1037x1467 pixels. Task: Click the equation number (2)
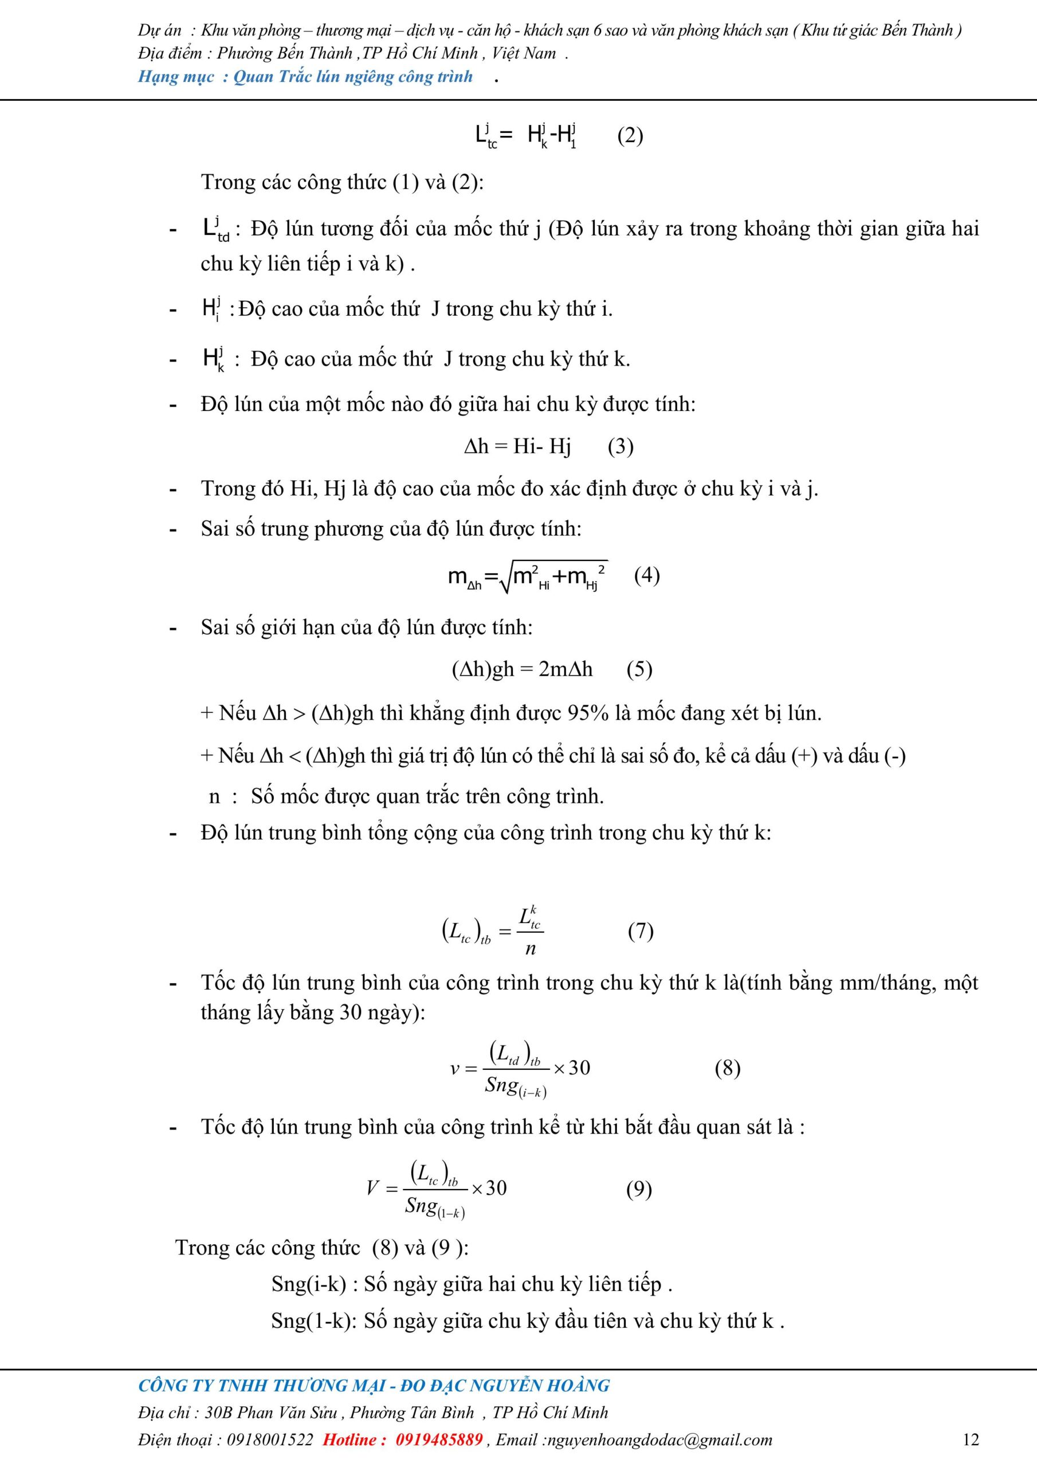click(x=630, y=136)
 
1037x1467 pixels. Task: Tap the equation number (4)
click(x=647, y=575)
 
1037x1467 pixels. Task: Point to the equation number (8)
click(x=727, y=1068)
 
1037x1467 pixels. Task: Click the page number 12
click(x=970, y=1439)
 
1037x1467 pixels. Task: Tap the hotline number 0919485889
click(x=439, y=1439)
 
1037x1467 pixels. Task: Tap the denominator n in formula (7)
click(x=531, y=949)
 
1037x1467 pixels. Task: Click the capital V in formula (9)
click(x=373, y=1188)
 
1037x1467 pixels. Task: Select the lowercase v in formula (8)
click(x=455, y=1068)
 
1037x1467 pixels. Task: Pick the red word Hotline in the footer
click(x=353, y=1439)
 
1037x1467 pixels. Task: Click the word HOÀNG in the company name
click(x=580, y=1385)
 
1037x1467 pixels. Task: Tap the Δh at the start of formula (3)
click(x=476, y=446)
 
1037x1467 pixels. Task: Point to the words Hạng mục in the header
click(x=176, y=77)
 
